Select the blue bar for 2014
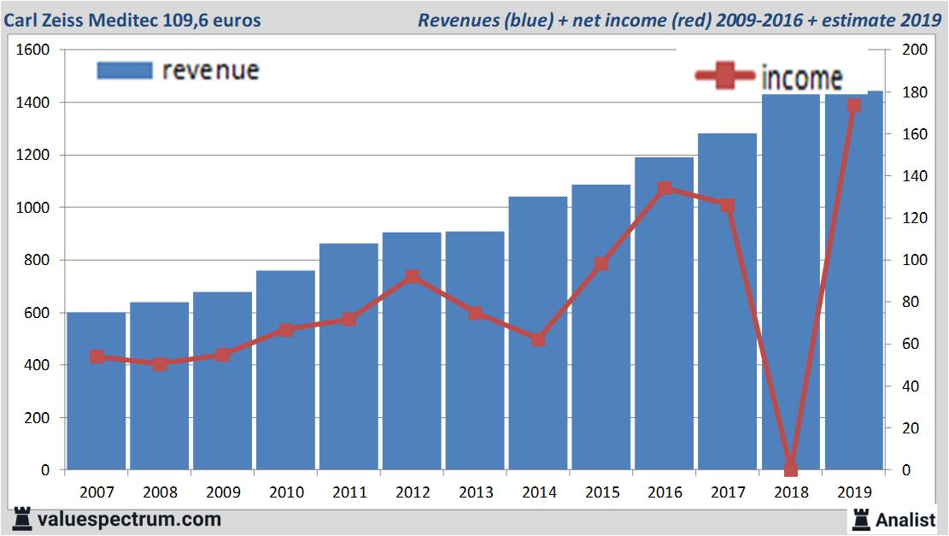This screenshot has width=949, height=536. pyautogui.click(x=538, y=342)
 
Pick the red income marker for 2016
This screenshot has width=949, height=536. pyautogui.click(x=665, y=189)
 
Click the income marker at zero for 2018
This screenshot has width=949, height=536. pyautogui.click(x=790, y=469)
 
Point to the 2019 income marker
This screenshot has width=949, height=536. pyautogui.click(x=853, y=106)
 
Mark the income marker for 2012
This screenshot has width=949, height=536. pyautogui.click(x=412, y=277)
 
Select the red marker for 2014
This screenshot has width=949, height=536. pyautogui.click(x=538, y=339)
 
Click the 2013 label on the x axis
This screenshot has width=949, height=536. pyautogui.click(x=475, y=492)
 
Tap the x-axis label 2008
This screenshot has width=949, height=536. pyautogui.click(x=160, y=492)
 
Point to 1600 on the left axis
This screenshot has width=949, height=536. pyautogui.click(x=33, y=50)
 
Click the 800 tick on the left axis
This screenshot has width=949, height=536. pyautogui.click(x=38, y=260)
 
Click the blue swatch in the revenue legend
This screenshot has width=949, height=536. pyautogui.click(x=124, y=70)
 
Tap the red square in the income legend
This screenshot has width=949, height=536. pyautogui.click(x=725, y=77)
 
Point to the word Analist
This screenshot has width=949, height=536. pyautogui.click(x=905, y=519)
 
